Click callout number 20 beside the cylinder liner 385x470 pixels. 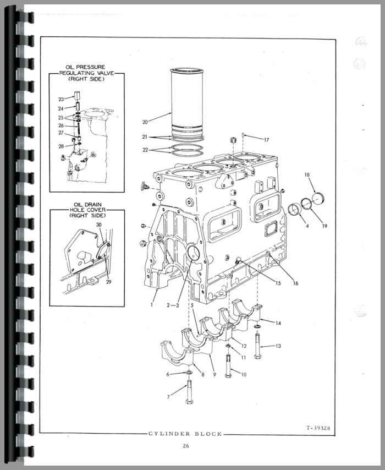coord(145,122)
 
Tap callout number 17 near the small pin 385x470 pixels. coord(266,140)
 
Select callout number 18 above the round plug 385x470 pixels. coord(307,175)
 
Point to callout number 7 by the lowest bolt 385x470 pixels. coord(168,397)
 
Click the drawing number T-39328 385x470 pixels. coord(318,428)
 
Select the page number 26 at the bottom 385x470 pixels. coord(186,446)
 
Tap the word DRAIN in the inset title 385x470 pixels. coord(92,205)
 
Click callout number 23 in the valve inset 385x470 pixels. coord(61,99)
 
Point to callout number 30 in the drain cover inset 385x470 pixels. coord(99,225)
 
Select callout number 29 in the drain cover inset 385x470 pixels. coord(108,282)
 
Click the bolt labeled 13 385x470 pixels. coord(257,346)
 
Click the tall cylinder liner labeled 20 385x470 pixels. coord(186,102)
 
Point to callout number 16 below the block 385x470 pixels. coord(296,283)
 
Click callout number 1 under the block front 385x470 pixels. coord(152,304)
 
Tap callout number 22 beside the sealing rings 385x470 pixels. coord(145,150)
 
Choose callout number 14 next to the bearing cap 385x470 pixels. coord(278,323)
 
